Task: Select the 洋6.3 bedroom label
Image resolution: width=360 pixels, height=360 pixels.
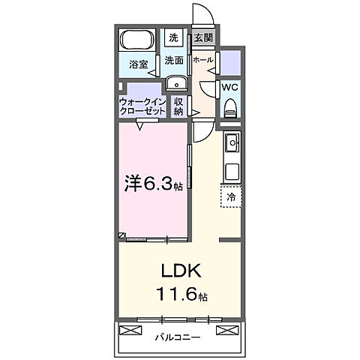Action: click(x=150, y=182)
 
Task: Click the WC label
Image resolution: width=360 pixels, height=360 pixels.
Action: click(x=230, y=86)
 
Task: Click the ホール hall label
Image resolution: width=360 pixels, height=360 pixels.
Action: click(x=202, y=59)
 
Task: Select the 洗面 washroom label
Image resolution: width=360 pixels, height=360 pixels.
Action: click(x=175, y=60)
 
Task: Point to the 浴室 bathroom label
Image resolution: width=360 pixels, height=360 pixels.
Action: click(x=137, y=64)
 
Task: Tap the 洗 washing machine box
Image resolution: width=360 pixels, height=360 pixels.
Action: click(x=173, y=37)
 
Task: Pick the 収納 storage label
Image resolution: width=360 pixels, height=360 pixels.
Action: click(x=178, y=106)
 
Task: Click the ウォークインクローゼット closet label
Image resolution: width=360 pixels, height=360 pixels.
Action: click(x=142, y=106)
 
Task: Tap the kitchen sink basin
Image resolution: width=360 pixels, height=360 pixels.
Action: click(x=232, y=140)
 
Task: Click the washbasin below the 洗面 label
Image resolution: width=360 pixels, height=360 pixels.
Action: click(x=175, y=83)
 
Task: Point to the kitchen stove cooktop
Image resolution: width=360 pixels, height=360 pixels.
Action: click(x=231, y=170)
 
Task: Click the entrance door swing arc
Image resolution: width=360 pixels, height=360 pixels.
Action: click(x=199, y=15)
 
